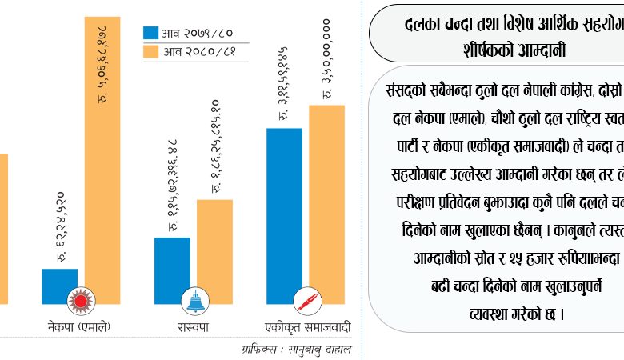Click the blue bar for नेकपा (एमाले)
(59, 286)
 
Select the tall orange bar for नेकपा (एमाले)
(102, 160)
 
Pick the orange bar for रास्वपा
(214, 252)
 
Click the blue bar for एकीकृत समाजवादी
(284, 216)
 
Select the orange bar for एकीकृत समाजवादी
(326, 204)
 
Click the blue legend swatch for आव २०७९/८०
(151, 33)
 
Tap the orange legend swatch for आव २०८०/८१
(151, 53)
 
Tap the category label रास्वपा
(193, 326)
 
